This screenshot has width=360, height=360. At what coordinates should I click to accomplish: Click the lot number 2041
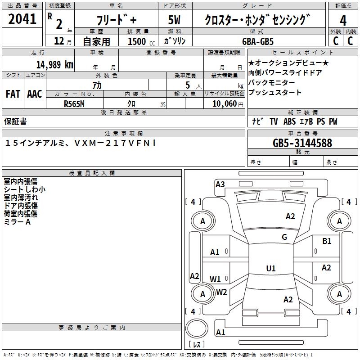point(22,19)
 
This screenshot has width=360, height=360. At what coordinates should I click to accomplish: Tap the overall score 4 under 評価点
point(343,20)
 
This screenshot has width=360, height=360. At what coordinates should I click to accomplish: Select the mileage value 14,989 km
point(54,64)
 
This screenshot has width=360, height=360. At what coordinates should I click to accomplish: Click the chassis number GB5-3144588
point(302,143)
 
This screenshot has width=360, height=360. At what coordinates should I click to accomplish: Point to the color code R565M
point(74,104)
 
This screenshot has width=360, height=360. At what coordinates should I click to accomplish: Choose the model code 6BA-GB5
point(258,41)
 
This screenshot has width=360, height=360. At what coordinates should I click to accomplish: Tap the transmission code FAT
point(13,94)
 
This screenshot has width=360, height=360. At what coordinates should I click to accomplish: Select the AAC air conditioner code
point(35,94)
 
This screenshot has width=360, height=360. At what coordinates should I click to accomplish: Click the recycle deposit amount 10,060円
point(228,104)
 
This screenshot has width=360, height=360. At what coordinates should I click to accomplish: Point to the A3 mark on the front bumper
point(220,184)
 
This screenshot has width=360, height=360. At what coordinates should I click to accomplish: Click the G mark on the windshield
point(284,237)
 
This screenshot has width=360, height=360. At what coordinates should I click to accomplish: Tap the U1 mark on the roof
point(271,268)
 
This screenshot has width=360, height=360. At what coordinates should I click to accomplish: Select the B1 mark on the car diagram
point(327,241)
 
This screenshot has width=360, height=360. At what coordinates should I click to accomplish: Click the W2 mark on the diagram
point(221,292)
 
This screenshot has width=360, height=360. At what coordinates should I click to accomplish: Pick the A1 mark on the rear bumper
point(220,332)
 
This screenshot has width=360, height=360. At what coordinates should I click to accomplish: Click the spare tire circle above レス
point(197,328)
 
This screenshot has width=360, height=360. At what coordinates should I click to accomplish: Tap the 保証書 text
point(15,121)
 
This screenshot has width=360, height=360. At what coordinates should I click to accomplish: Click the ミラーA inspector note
point(17,222)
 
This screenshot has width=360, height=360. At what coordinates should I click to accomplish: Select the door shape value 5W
point(174,20)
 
